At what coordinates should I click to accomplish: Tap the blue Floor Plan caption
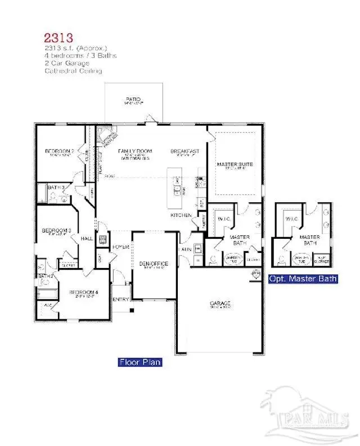pyautogui.click(x=140, y=362)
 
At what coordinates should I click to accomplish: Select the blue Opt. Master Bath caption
pyautogui.click(x=303, y=278)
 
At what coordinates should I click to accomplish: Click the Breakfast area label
pyautogui.click(x=186, y=151)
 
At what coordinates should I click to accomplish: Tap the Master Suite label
pyautogui.click(x=235, y=164)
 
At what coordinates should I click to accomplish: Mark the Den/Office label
pyautogui.click(x=154, y=264)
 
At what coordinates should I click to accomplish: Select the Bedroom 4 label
pyautogui.click(x=83, y=292)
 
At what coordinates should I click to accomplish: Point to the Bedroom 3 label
pyautogui.click(x=56, y=230)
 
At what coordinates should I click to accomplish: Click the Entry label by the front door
pyautogui.click(x=121, y=299)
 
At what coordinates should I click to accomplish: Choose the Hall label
pyautogui.click(x=87, y=239)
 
